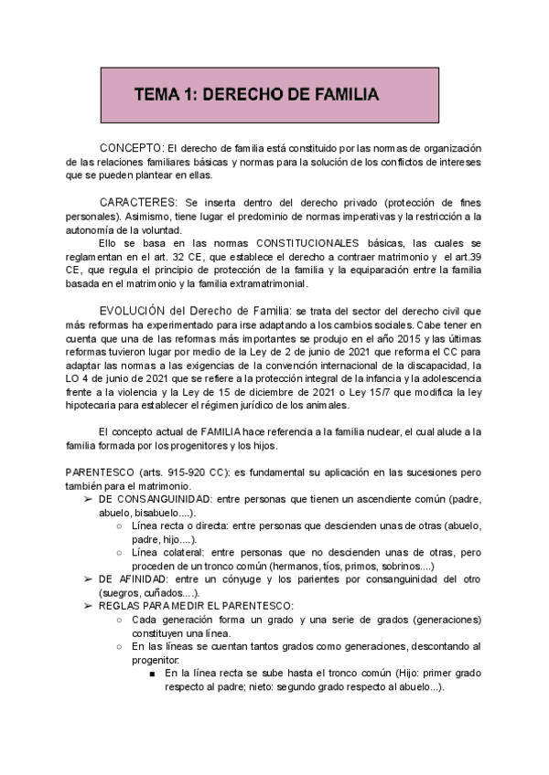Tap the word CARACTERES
pyautogui.click(x=137, y=201)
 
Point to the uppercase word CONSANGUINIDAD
pyautogui.click(x=164, y=500)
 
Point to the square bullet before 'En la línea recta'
pyautogui.click(x=151, y=674)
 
